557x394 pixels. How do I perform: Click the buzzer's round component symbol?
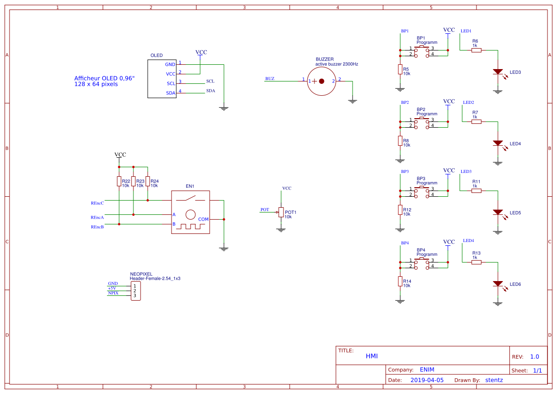[x=321, y=81]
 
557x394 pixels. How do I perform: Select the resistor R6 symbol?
[x=476, y=50]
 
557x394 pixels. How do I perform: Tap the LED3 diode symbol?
[x=498, y=72]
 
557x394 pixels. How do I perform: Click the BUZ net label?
[x=270, y=79]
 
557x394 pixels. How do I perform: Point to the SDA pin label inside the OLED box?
[x=171, y=93]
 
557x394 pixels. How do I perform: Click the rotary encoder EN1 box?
[x=190, y=212]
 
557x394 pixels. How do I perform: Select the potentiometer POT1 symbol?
[x=281, y=212]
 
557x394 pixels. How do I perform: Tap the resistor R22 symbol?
[x=119, y=182]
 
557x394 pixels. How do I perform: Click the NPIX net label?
[x=113, y=293]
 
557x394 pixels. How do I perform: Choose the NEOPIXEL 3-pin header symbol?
[x=135, y=291]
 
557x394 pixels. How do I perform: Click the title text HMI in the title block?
[x=372, y=356]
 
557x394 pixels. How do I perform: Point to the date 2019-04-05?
[x=427, y=380]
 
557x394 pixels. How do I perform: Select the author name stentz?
[x=494, y=380]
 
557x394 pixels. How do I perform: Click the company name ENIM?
[x=427, y=370]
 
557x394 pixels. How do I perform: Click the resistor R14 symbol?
[x=400, y=282]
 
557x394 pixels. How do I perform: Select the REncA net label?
[x=97, y=217]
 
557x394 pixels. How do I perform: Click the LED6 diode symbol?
[x=498, y=284]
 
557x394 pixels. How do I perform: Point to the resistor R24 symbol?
[x=148, y=182]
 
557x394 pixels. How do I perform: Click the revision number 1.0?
[x=535, y=357]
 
